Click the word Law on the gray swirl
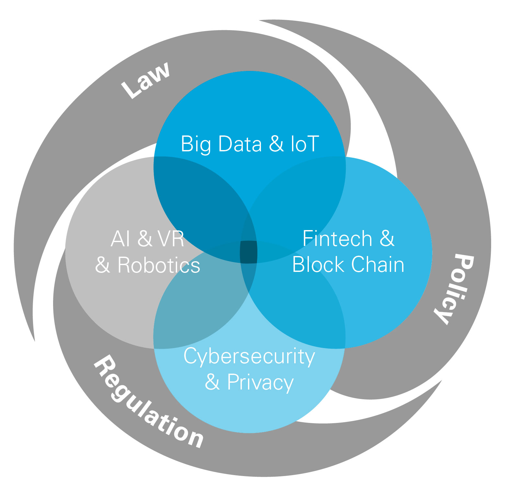point(146,80)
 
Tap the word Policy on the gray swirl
point(455,288)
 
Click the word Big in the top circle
point(195,144)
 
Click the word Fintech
point(337,239)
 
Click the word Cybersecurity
point(249,356)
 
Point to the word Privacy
point(260,382)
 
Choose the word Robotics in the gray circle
point(159,265)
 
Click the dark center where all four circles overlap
point(248,252)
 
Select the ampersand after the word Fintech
point(387,239)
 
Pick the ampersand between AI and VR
point(144,239)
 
